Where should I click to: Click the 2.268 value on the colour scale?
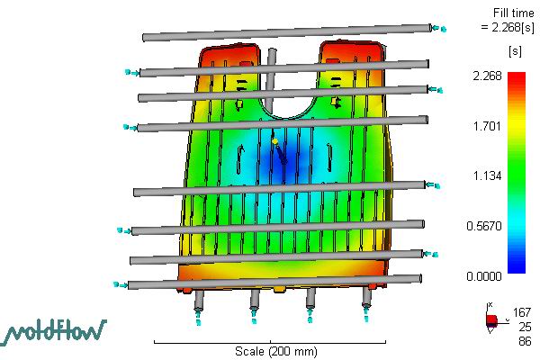[487, 76]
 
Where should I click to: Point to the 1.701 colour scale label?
[487, 126]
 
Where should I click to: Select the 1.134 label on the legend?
[487, 176]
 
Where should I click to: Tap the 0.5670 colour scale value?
[484, 226]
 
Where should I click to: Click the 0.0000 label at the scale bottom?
[484, 276]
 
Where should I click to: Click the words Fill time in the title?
[514, 13]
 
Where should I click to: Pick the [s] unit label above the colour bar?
[515, 51]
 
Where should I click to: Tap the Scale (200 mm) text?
[276, 351]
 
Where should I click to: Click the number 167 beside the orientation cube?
[522, 312]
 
